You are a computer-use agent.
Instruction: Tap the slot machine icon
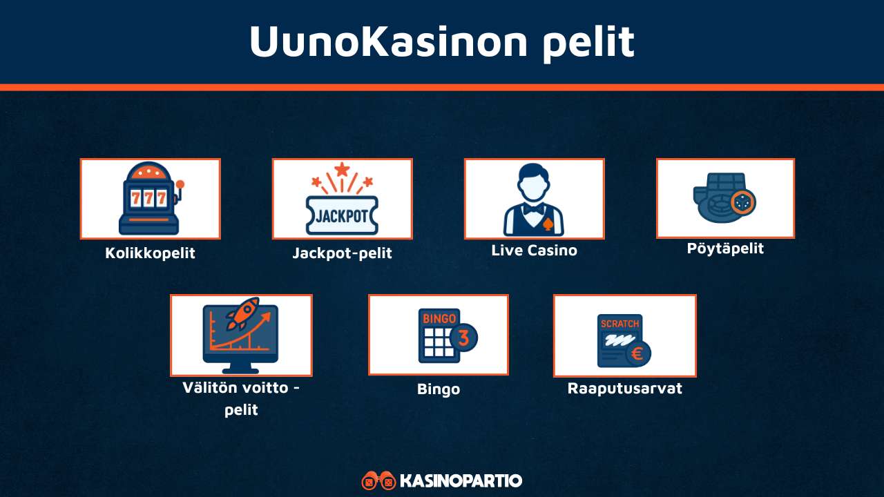pos(150,199)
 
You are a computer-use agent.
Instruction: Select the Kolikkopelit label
pos(150,253)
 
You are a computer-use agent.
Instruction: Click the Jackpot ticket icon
pos(342,215)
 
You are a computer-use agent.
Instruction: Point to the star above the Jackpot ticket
pos(342,168)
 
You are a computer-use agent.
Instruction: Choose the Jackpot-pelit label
pos(342,253)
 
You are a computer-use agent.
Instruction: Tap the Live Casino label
pos(534,251)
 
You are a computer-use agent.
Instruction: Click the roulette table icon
pos(724,199)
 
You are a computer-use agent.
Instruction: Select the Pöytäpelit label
pos(725,248)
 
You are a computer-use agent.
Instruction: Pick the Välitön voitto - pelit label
pos(241,398)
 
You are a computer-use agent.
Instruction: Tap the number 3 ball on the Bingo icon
pos(463,338)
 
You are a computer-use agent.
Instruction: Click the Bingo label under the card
pos(439,389)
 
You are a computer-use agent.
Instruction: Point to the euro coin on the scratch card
pos(636,354)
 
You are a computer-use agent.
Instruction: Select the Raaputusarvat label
pos(624,389)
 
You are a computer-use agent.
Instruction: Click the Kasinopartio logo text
pos(461,480)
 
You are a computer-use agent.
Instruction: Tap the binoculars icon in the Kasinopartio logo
pos(378,480)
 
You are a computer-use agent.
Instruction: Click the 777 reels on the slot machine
pos(150,198)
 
